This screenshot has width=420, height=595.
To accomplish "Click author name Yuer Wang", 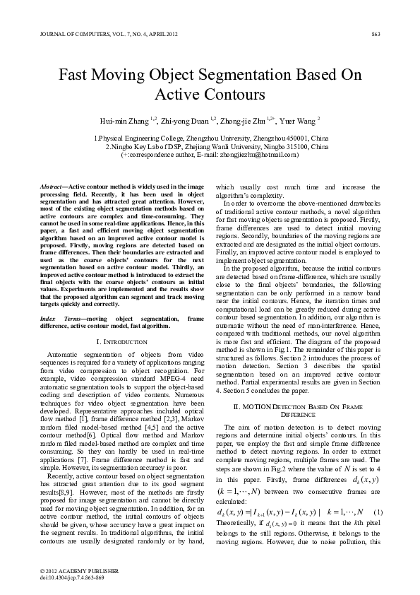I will point(299,121).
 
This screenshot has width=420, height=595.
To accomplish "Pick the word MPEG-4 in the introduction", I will point(140,381).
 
